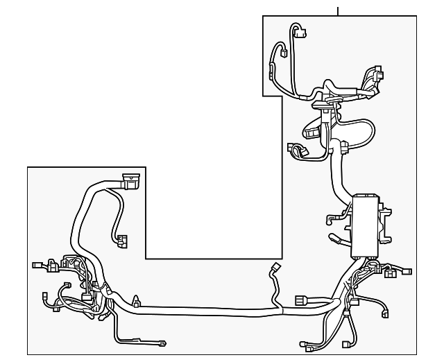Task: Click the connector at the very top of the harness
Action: coord(299,31)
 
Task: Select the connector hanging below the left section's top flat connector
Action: coord(123,241)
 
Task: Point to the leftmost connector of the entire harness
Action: coord(38,265)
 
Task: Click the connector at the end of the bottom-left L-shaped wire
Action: coord(163,342)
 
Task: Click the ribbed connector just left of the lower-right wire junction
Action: coord(302,301)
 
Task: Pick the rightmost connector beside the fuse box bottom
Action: coord(407,271)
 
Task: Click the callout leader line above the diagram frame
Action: coord(338,10)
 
